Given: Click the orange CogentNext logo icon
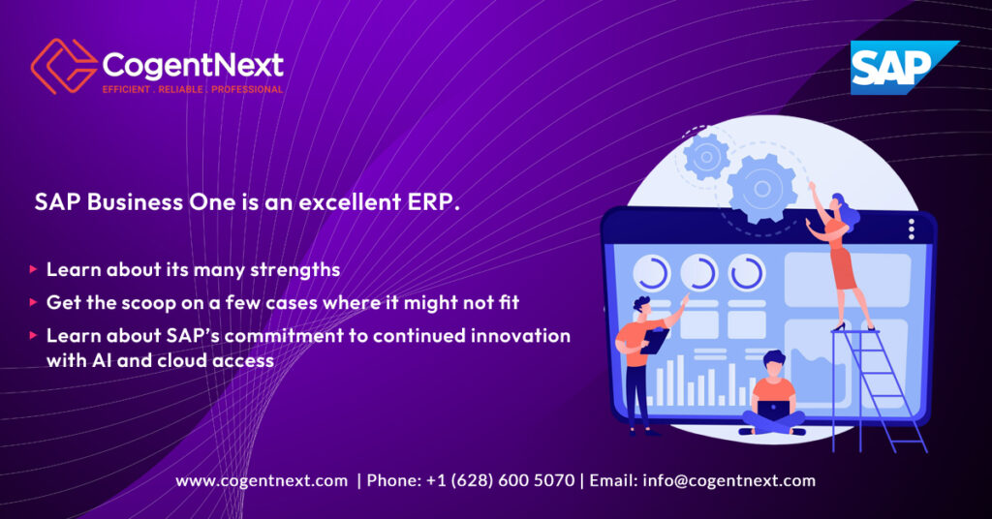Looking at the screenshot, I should pos(63,66).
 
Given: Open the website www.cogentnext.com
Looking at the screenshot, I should pos(262,480).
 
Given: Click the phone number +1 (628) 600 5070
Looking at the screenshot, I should pos(500,480).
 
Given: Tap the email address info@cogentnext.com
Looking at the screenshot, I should pos(728,480).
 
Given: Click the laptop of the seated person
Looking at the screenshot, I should pos(773,409).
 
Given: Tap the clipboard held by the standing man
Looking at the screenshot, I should pos(655,341).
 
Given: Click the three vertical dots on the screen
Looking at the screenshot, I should pos(911,229).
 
